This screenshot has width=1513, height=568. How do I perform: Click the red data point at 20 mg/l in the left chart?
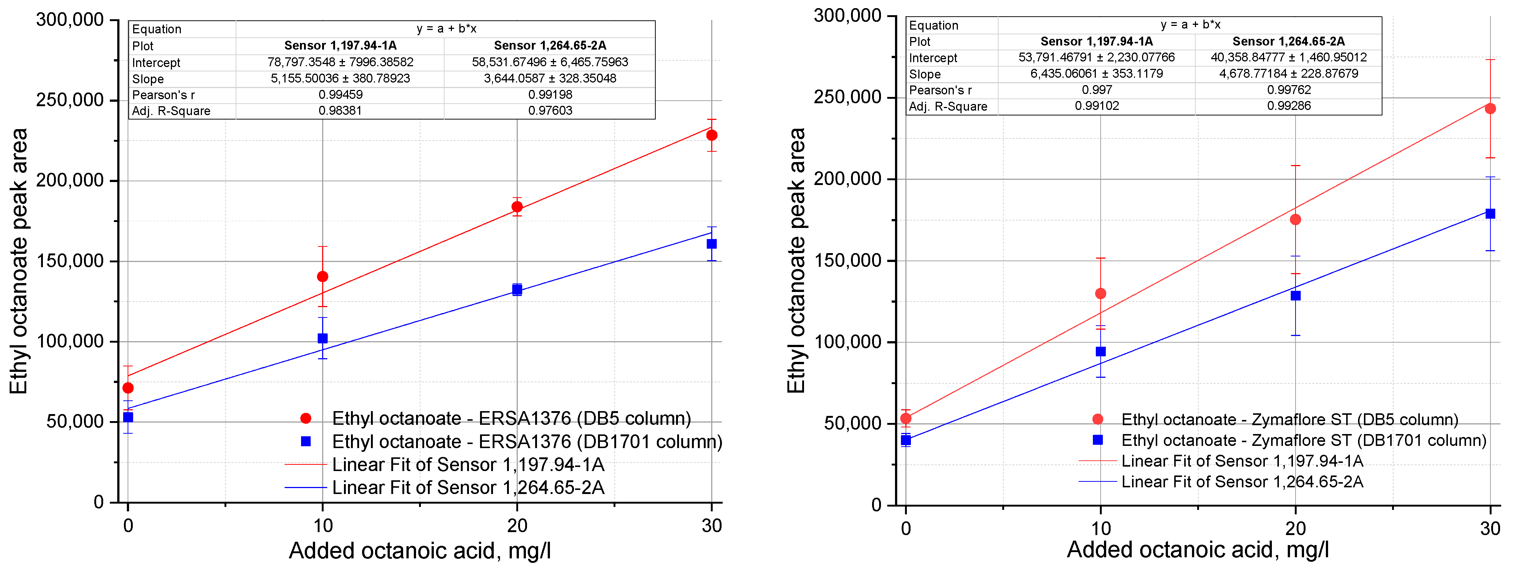click(517, 207)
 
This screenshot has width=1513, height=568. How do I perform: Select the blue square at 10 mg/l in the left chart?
click(322, 338)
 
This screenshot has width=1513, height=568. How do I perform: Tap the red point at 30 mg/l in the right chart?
click(1490, 109)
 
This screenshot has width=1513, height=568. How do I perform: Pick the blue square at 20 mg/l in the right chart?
click(1295, 295)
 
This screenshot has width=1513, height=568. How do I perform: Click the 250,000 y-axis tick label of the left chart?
click(70, 100)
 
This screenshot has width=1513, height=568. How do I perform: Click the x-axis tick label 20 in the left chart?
click(517, 526)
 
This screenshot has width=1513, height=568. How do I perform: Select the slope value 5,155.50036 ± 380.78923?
click(340, 78)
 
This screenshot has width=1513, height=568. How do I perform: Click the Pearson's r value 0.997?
click(1097, 90)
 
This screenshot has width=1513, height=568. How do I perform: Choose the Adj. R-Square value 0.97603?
click(550, 110)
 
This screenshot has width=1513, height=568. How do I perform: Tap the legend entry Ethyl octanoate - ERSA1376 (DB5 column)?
click(511, 418)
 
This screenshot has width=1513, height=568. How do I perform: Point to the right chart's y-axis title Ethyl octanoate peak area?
click(796, 260)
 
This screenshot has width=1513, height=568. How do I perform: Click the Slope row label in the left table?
click(148, 79)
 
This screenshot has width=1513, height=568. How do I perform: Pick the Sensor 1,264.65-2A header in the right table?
click(1288, 41)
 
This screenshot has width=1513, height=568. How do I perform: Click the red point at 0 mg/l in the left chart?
click(128, 388)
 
